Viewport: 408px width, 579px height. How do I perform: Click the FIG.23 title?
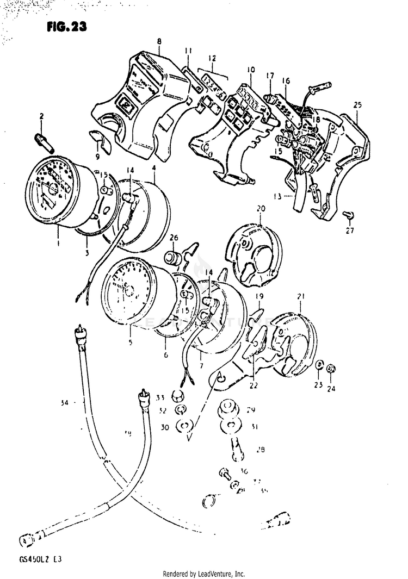[65, 27]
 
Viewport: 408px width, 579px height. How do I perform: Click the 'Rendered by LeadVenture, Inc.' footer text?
[204, 574]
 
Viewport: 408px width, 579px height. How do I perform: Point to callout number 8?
[159, 41]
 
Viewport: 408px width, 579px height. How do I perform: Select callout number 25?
[357, 104]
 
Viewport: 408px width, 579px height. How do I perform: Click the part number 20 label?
[260, 208]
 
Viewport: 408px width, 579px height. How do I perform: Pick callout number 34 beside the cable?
[65, 403]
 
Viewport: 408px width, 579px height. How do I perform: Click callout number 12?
[212, 58]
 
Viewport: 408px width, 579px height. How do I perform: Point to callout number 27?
[349, 231]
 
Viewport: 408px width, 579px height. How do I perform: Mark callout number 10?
[250, 70]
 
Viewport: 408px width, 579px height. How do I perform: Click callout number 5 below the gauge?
[130, 343]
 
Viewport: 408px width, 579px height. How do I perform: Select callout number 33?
[159, 397]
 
